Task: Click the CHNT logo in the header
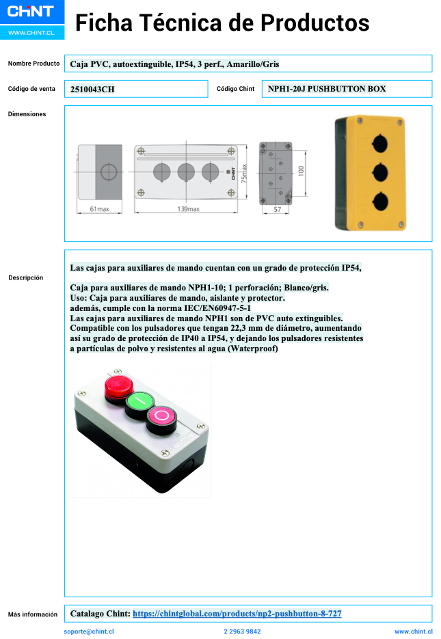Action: click(x=30, y=12)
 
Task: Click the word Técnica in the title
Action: click(x=181, y=23)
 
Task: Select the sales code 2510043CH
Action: click(x=92, y=89)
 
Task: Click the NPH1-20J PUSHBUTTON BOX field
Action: click(x=327, y=89)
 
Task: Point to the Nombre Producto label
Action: click(x=34, y=64)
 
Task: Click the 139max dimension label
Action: click(x=187, y=209)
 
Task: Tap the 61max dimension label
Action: click(x=99, y=209)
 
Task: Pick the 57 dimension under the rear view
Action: click(x=277, y=209)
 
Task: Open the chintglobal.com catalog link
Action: click(x=237, y=614)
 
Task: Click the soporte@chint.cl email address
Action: click(x=89, y=631)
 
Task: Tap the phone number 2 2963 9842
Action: click(x=242, y=631)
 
